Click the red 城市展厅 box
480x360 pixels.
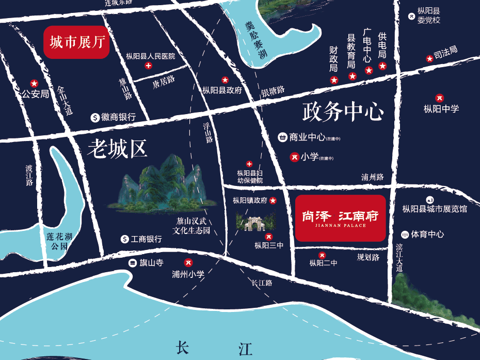(77, 42)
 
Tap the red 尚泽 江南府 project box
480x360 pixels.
(340, 218)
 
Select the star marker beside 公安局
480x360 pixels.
(34, 83)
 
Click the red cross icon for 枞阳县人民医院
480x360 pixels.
(149, 66)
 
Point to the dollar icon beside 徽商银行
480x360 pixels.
(95, 117)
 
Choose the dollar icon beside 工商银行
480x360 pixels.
(124, 239)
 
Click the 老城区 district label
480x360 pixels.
(117, 149)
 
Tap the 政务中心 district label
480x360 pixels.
(343, 112)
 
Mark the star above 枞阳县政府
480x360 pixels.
(225, 80)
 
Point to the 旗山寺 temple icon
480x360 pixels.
(133, 263)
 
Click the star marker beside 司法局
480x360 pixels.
(429, 59)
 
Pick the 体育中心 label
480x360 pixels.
(427, 234)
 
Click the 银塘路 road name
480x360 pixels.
(273, 91)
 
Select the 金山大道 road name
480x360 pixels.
(66, 100)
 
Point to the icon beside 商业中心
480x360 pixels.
(282, 137)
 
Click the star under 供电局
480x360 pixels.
(382, 66)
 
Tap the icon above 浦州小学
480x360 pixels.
(188, 262)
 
